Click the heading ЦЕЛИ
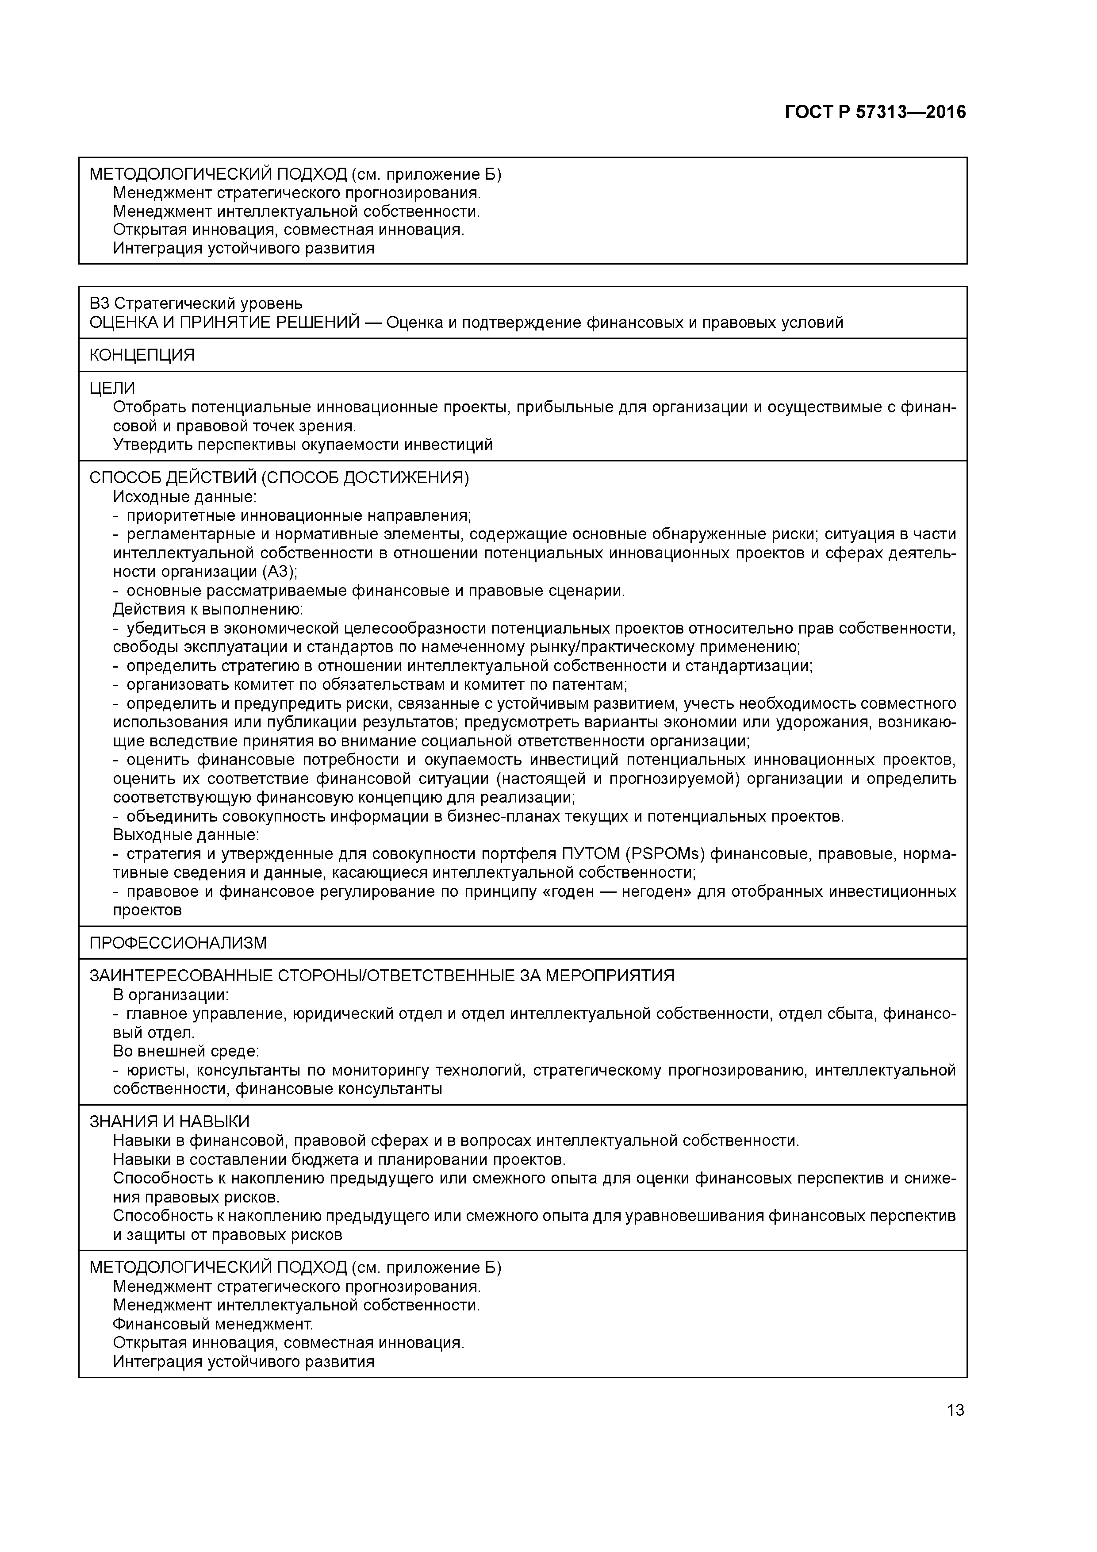coord(112,388)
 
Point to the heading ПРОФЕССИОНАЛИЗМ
coord(178,942)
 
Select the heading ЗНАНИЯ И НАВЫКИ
coord(170,1122)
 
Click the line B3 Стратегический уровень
coord(196,303)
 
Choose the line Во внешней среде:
coord(187,1051)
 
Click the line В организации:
coord(171,995)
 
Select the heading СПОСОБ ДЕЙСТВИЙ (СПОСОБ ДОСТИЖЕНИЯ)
coord(279,477)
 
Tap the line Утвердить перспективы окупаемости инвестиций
coord(303,444)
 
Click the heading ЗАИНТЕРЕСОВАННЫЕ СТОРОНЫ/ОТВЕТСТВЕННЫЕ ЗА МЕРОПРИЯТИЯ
coord(382,976)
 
